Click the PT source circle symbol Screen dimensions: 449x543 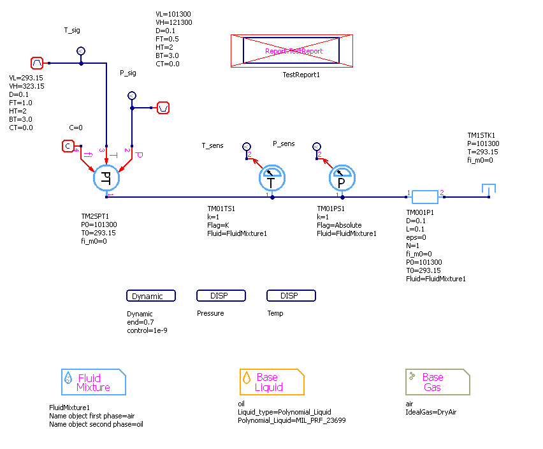tap(106, 179)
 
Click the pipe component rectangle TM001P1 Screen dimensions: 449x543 tap(424, 196)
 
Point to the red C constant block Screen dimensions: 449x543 tap(68, 147)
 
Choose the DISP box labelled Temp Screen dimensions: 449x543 tap(291, 296)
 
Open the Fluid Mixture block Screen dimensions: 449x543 tap(94, 382)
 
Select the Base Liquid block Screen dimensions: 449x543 tap(272, 382)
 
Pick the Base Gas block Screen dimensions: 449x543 tap(438, 382)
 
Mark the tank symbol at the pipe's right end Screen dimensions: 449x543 tap(489, 190)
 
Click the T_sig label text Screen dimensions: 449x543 tap(72, 30)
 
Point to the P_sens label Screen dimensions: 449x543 tap(284, 144)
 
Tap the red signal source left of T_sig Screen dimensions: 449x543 tap(37, 63)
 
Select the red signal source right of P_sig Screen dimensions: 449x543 tap(163, 107)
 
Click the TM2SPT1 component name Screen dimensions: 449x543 tap(96, 217)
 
